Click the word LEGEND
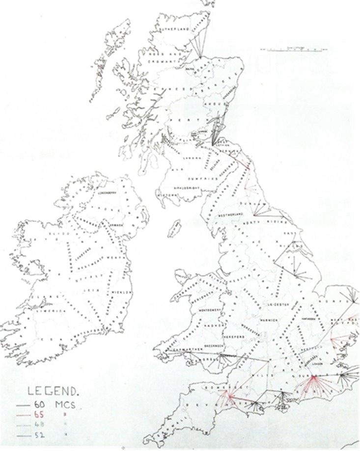coord(54,392)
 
